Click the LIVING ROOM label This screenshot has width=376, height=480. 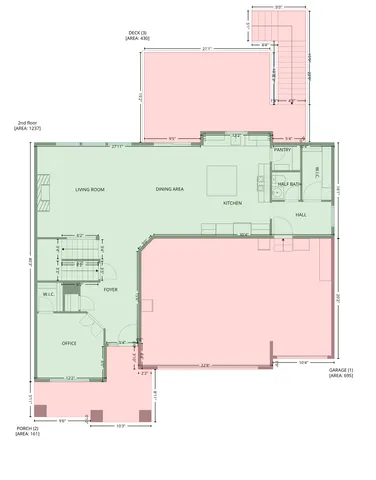coord(91,189)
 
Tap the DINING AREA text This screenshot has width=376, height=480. coord(169,189)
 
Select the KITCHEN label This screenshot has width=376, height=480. coord(232,203)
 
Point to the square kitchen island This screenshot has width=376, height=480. coord(221,181)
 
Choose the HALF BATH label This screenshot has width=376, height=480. coord(290,184)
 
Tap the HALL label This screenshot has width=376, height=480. coord(301,214)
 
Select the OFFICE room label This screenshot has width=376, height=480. coord(70,343)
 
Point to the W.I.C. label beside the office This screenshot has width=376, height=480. coord(48,294)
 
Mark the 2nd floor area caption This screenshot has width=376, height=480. coord(27,127)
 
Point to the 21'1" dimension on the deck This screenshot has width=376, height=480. coord(205,49)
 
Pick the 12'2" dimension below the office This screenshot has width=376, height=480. coord(70,377)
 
